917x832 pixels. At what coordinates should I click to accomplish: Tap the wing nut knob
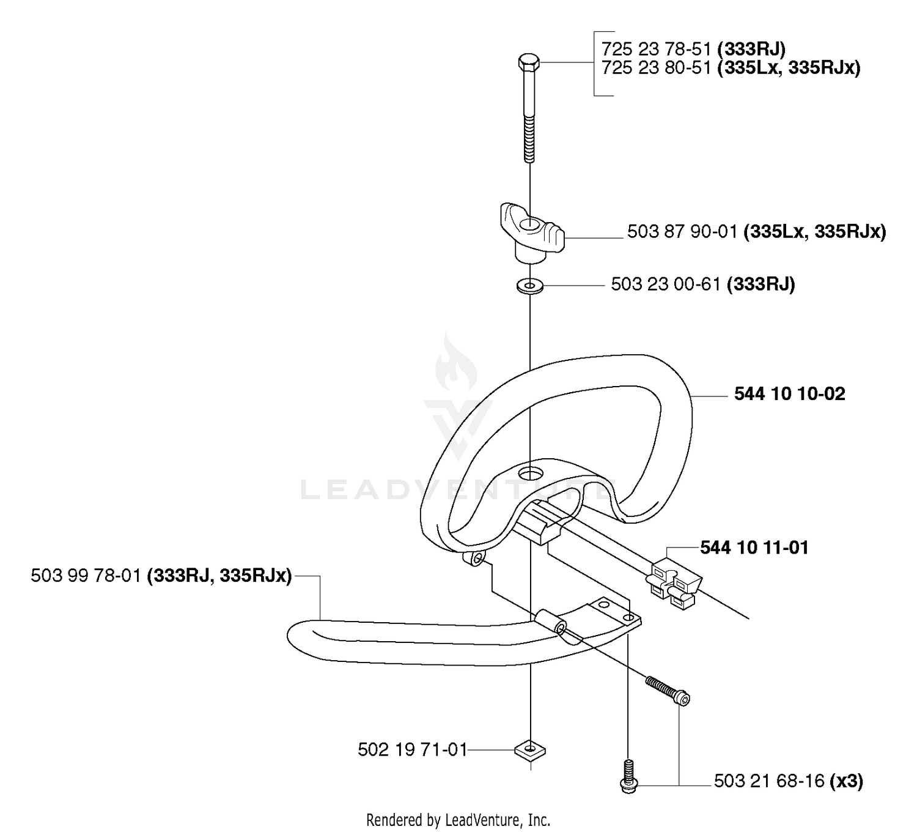[532, 233]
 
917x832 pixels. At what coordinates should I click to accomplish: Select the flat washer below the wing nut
[530, 286]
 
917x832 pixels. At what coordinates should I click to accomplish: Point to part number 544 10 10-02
[789, 394]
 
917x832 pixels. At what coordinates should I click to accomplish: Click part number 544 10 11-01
[754, 548]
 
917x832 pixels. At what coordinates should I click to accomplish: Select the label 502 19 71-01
[412, 749]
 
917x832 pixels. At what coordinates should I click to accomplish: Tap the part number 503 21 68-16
[769, 781]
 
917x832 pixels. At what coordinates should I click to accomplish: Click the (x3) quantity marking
[845, 781]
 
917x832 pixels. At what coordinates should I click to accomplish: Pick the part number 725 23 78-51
[657, 48]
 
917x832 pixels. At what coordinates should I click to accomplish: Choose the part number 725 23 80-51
[657, 68]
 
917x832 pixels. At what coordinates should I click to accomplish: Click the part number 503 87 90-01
[682, 232]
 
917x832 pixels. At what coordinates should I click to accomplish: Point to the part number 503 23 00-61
[666, 284]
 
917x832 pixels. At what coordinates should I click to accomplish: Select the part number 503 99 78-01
[86, 575]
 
